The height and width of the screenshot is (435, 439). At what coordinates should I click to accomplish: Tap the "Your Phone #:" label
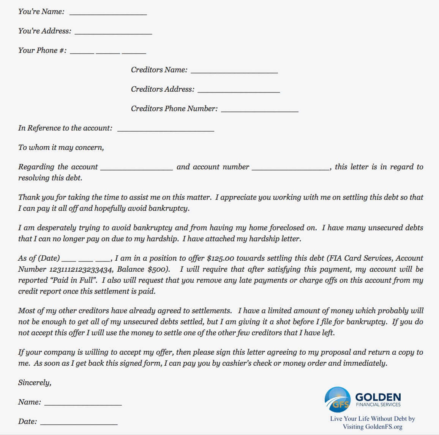[x=42, y=50]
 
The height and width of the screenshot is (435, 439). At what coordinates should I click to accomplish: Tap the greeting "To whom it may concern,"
[x=61, y=147]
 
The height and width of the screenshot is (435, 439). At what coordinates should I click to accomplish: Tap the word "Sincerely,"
[x=35, y=382]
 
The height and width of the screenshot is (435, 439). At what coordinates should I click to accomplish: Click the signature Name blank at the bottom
[x=83, y=403]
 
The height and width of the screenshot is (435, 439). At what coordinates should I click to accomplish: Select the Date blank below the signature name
[x=79, y=423]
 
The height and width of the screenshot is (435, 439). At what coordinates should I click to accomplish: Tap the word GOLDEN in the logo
[x=378, y=397]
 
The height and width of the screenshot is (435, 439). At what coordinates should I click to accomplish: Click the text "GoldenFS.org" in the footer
[x=384, y=427]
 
